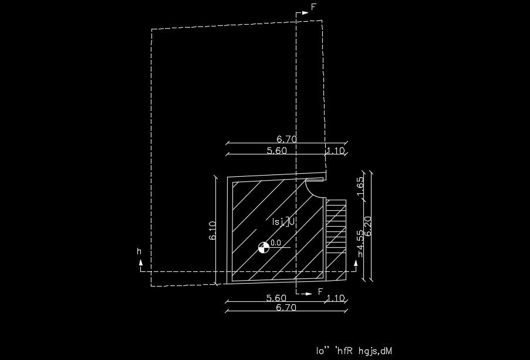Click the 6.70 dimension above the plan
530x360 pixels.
286,139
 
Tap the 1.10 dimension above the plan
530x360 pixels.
335,150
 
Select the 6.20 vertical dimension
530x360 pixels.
369,226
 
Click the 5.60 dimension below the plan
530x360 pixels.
276,298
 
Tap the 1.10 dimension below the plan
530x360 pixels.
335,298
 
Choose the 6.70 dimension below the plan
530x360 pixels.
286,307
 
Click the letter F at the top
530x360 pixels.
313,7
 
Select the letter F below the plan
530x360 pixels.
320,292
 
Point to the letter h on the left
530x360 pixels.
139,251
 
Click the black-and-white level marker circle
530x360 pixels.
264,248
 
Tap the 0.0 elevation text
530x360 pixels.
276,243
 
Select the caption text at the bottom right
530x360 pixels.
354,351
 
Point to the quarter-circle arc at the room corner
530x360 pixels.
315,189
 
